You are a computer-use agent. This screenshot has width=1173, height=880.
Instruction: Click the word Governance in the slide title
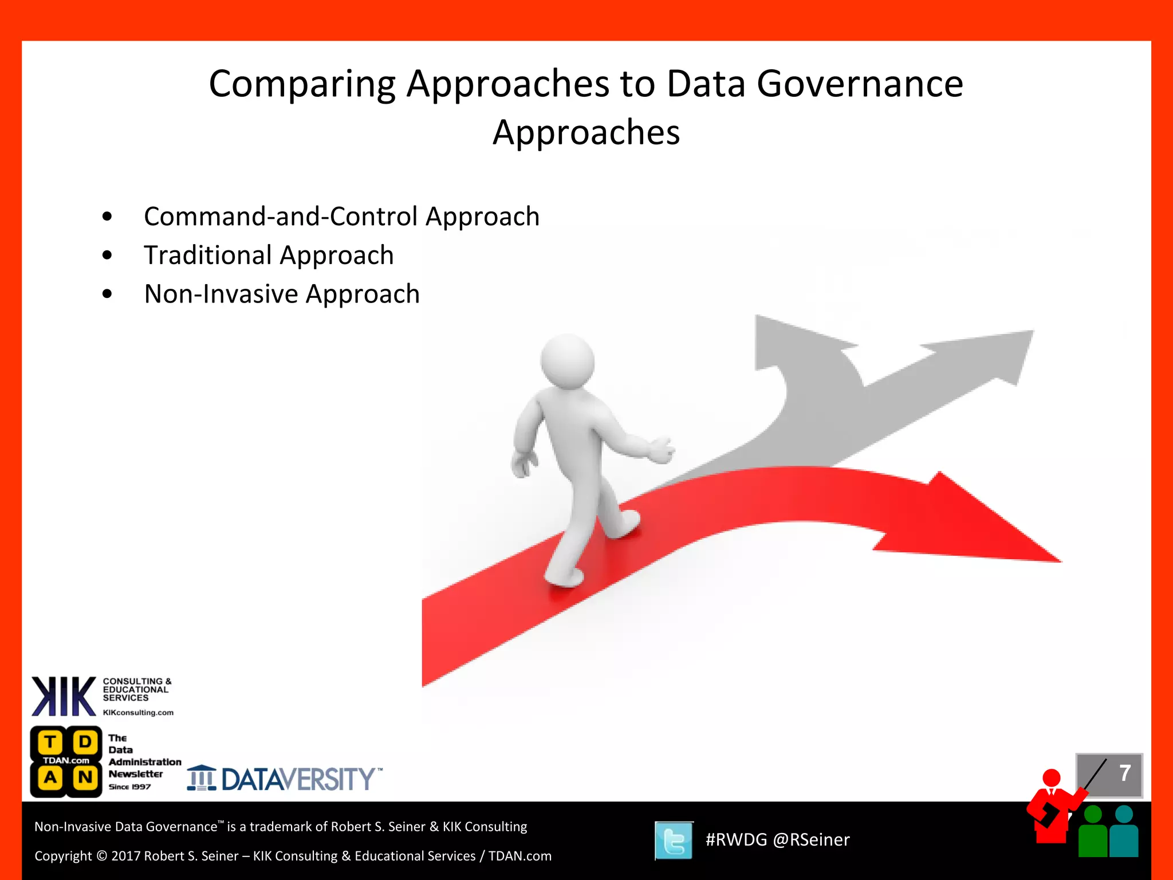pos(860,84)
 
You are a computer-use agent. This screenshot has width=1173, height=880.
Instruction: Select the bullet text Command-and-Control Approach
pos(341,217)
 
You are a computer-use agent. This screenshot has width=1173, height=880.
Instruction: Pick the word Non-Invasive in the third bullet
pos(221,294)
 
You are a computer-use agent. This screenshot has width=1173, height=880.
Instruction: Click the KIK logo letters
pos(63,696)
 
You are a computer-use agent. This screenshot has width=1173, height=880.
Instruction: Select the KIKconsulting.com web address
pos(138,713)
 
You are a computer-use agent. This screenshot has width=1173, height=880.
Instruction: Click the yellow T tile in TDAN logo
pos(50,742)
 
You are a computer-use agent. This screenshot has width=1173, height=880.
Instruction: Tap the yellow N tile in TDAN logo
pos(85,777)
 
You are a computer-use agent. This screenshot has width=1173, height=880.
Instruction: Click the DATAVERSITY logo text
pos(298,779)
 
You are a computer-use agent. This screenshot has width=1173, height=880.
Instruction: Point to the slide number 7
pos(1124,773)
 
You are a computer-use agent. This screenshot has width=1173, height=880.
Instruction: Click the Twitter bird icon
pos(674,840)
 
